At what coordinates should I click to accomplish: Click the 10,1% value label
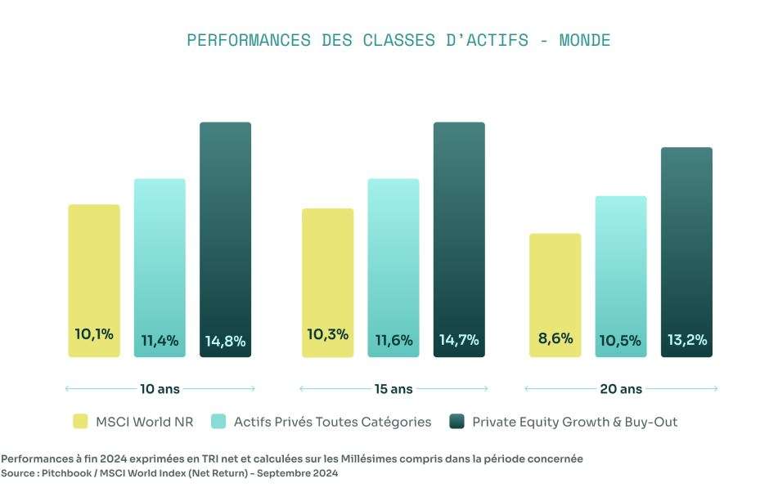(x=94, y=334)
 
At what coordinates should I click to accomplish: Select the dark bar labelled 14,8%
(x=225, y=239)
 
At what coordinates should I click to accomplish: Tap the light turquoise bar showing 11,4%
(x=160, y=268)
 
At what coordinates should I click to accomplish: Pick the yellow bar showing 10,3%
(x=327, y=283)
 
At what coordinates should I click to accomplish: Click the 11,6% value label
(x=393, y=340)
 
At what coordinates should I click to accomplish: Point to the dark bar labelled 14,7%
(x=459, y=239)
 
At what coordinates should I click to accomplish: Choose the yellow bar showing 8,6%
(x=555, y=296)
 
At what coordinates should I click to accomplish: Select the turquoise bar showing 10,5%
(x=621, y=276)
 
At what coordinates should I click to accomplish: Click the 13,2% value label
(x=687, y=340)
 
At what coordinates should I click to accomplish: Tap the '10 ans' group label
(x=160, y=389)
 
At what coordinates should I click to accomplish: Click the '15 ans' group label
(x=393, y=389)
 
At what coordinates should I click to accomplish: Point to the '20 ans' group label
(x=621, y=389)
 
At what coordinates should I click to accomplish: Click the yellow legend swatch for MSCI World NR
(x=80, y=422)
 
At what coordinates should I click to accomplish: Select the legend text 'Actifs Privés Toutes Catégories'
(x=332, y=422)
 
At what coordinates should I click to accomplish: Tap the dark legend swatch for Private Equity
(x=456, y=422)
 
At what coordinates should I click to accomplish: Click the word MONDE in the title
(x=585, y=40)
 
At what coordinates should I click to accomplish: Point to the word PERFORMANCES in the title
(x=249, y=40)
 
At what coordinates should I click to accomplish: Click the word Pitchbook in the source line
(x=66, y=473)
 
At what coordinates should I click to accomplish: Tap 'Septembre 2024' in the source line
(x=297, y=473)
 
